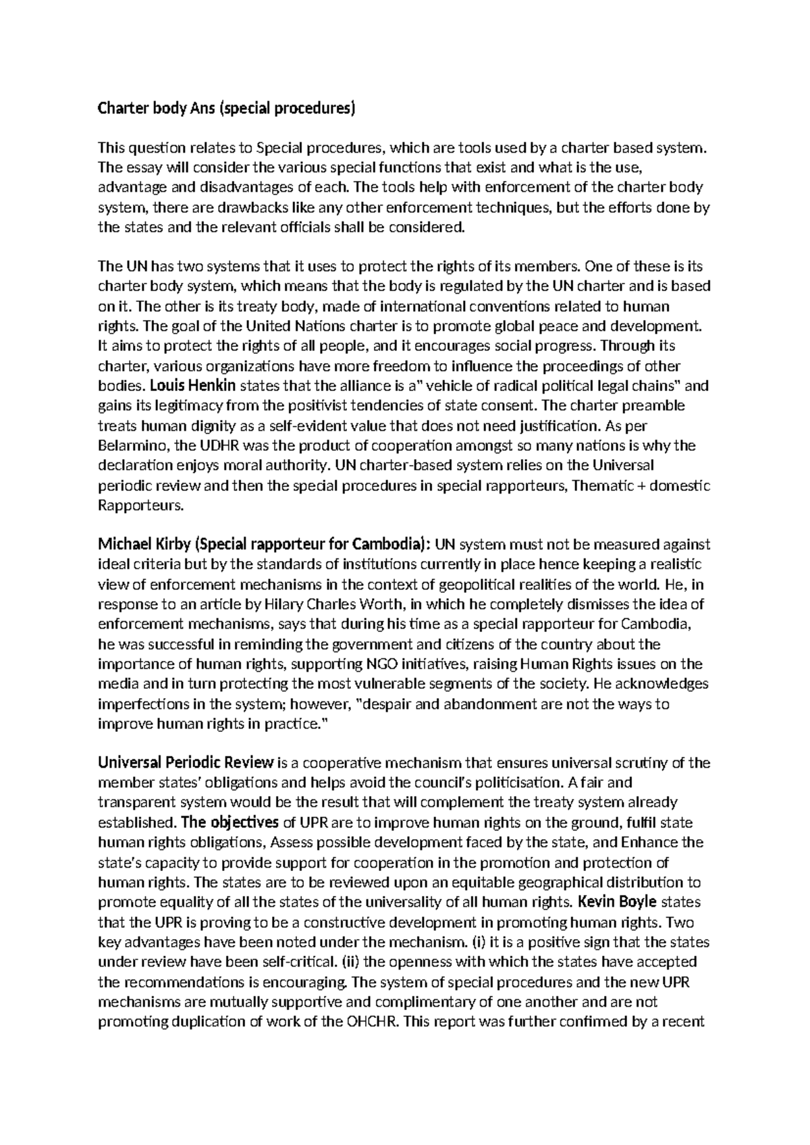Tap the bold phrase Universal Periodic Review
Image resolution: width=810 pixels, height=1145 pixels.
[x=186, y=764]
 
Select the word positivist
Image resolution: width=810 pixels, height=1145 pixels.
[x=319, y=406]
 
